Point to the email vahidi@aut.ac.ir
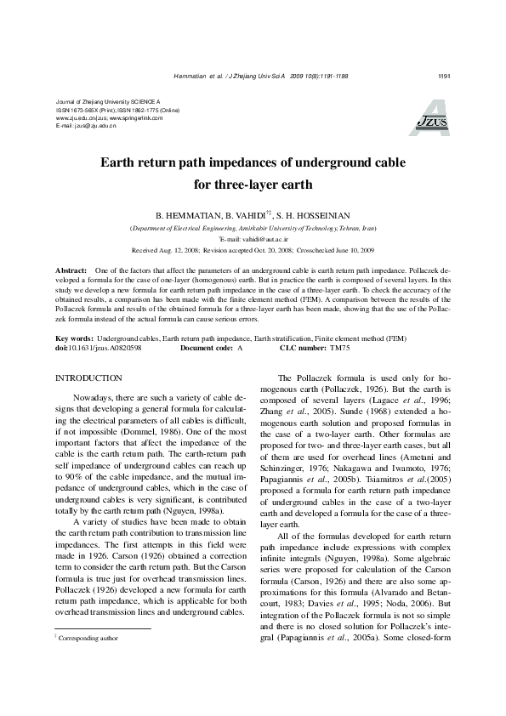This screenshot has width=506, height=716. [264, 241]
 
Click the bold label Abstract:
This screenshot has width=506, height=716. [72, 268]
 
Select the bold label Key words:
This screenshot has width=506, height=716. [75, 338]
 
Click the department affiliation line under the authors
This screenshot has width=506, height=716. [253, 230]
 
